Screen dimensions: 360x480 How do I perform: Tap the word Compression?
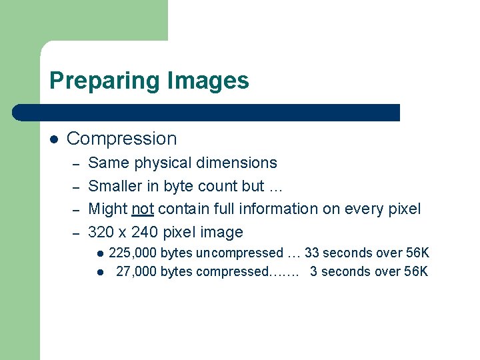point(122,139)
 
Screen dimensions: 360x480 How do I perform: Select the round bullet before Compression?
point(55,139)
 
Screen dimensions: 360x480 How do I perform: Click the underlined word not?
point(143,209)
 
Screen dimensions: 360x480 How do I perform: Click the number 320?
point(101,232)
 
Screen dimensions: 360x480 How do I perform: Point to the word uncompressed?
point(239,253)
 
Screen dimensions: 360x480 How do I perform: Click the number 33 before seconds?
point(312,253)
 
